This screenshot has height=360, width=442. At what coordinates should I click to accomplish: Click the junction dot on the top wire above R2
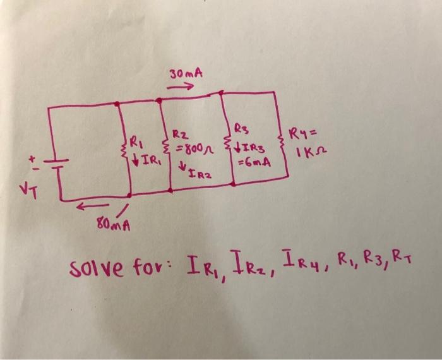pyautogui.click(x=158, y=100)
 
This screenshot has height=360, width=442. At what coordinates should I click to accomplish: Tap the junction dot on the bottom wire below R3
pyautogui.click(x=232, y=184)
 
